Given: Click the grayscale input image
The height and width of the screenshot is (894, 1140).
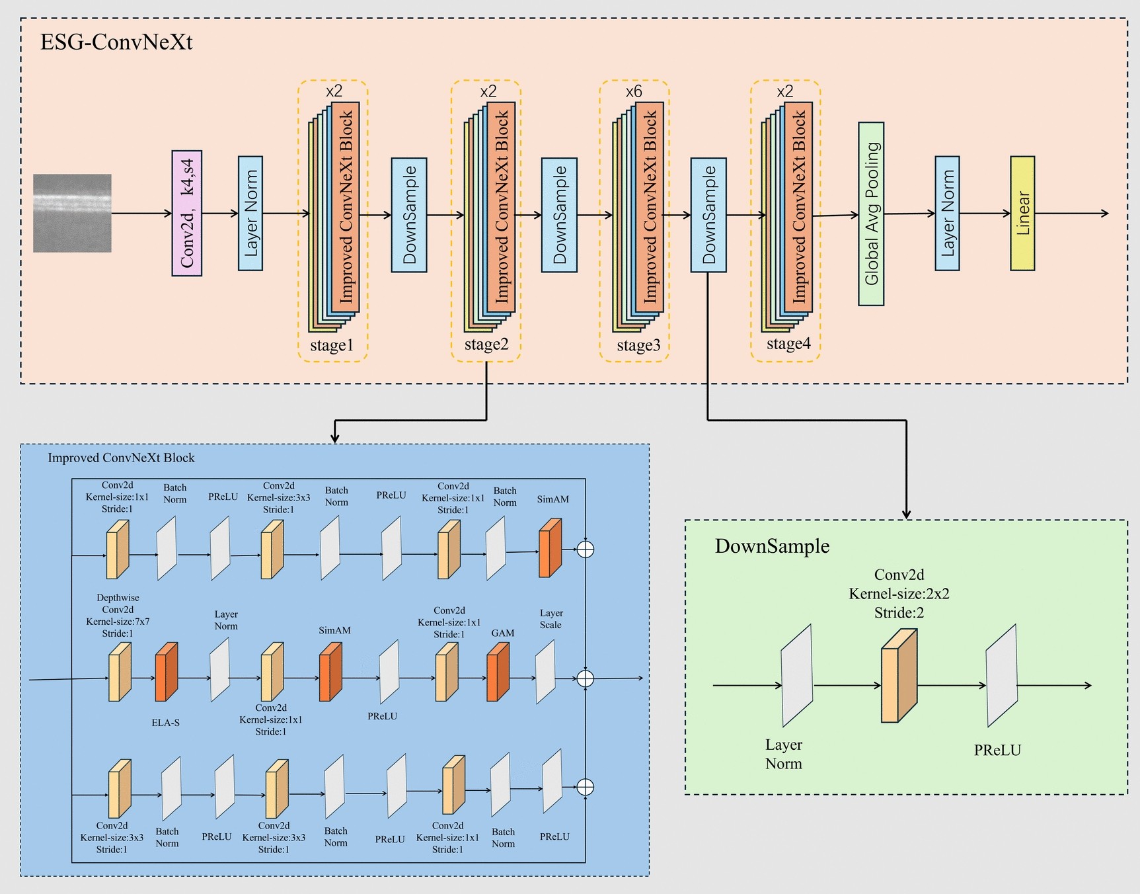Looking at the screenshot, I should click(72, 213).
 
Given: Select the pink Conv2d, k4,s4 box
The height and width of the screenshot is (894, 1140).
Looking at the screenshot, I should click(187, 213).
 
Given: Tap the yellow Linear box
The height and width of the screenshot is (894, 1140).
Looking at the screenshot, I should click(1022, 213).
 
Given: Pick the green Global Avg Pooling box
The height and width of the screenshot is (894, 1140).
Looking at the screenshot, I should click(871, 214).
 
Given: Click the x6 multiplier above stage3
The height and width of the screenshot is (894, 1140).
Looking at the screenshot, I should click(634, 91).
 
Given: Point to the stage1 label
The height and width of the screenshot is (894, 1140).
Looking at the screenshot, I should click(332, 345).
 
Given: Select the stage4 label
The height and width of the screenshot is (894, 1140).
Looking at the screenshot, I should click(788, 344).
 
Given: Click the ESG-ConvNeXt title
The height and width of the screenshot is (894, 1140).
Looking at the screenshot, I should click(116, 42).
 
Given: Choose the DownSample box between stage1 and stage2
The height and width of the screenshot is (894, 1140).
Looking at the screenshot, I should click(409, 215).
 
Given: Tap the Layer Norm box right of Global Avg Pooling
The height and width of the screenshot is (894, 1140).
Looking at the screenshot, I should click(947, 213).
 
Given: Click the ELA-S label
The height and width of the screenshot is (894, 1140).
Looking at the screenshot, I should click(166, 723).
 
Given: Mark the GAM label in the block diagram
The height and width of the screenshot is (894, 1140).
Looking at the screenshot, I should click(503, 633).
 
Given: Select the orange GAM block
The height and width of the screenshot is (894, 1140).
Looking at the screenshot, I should click(498, 672).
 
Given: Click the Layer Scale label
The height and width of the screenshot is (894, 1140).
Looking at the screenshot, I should click(551, 619).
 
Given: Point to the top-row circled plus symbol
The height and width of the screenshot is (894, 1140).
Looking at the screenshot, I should click(586, 549).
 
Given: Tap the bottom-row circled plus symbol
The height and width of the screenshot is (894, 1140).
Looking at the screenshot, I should click(586, 787).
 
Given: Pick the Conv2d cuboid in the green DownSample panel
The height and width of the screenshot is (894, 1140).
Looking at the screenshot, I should click(899, 675).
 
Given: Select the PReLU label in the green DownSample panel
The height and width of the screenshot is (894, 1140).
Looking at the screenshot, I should click(997, 750).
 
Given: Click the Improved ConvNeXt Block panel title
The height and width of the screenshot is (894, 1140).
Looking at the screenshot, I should click(121, 458).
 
